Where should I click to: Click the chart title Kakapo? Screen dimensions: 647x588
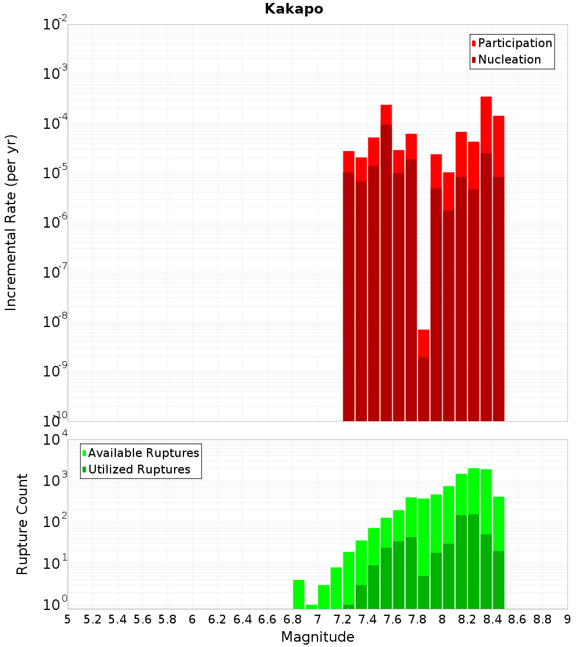click(x=293, y=9)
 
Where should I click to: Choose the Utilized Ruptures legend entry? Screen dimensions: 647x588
click(x=139, y=469)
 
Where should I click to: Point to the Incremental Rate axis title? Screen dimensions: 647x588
click(x=11, y=222)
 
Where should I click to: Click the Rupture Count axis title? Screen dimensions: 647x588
click(x=22, y=523)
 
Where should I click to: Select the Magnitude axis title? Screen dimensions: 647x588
click(x=318, y=637)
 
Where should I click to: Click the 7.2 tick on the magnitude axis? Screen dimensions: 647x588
click(x=342, y=619)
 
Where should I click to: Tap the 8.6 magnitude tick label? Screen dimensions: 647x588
click(x=517, y=619)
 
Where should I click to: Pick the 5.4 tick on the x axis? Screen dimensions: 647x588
click(x=118, y=619)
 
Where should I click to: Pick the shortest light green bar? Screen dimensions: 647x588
click(x=311, y=606)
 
